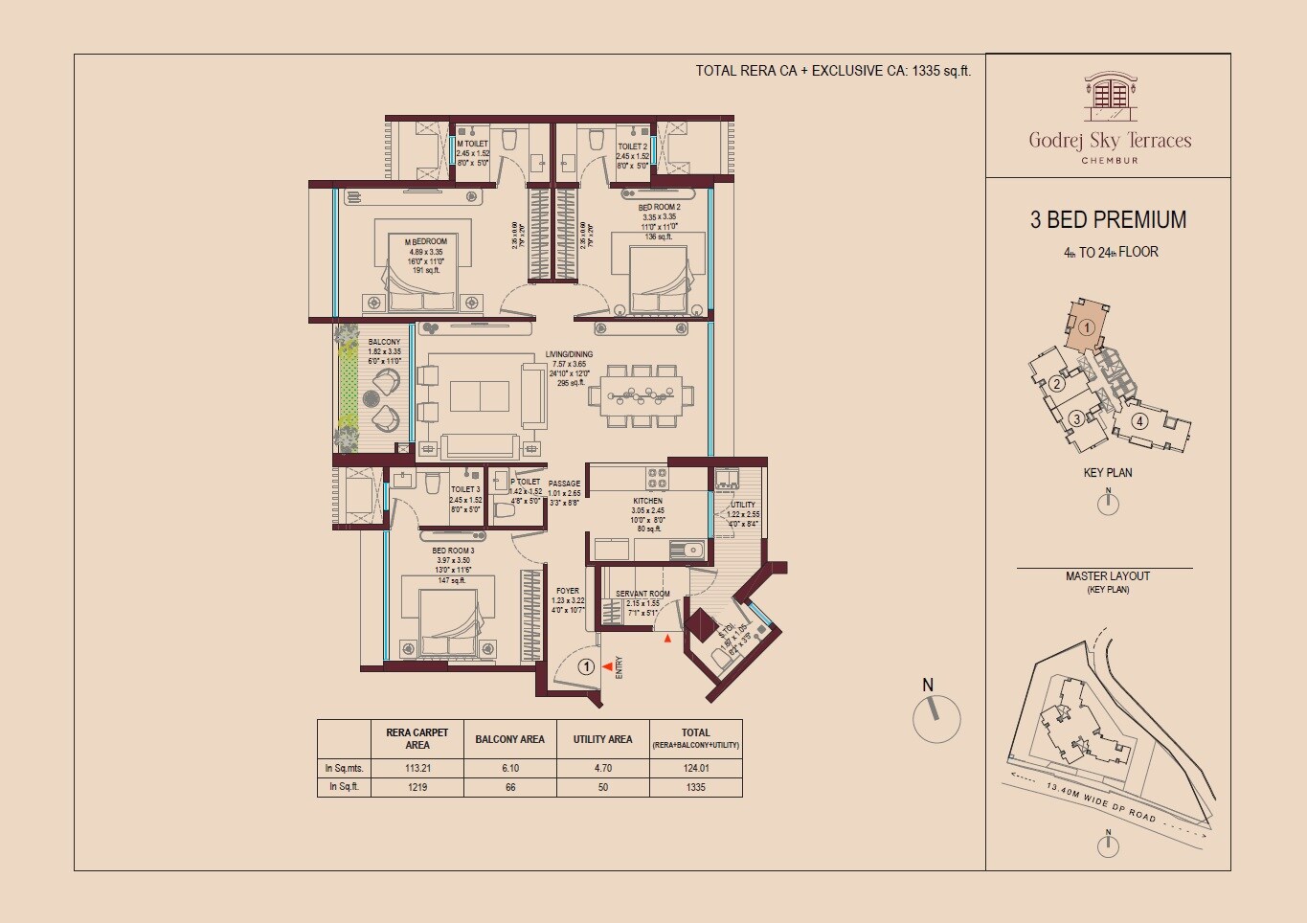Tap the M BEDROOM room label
click(x=426, y=241)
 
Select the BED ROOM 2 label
click(x=659, y=208)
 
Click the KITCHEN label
click(x=647, y=501)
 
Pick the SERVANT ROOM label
click(x=642, y=594)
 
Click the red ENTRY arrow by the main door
click(x=607, y=666)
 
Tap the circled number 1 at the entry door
click(x=587, y=666)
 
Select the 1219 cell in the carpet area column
click(x=417, y=787)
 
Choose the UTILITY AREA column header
click(x=602, y=739)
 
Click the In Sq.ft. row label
click(x=343, y=787)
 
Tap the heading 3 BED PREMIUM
click(x=1108, y=220)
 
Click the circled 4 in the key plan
click(x=1138, y=420)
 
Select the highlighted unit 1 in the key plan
click(x=1085, y=327)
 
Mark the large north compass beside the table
click(x=935, y=718)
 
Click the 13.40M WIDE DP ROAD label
click(x=1100, y=802)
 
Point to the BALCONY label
click(x=384, y=342)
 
